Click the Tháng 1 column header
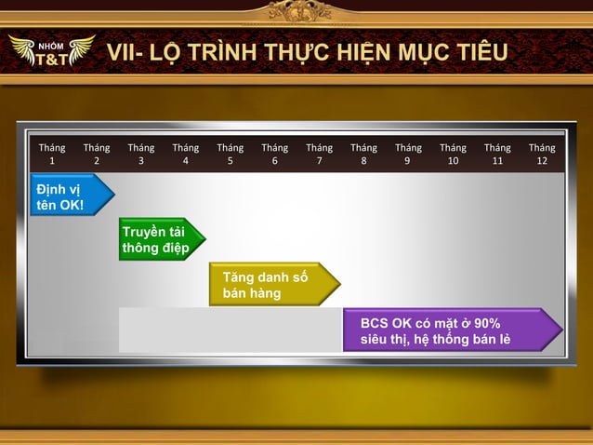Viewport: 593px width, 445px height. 52,154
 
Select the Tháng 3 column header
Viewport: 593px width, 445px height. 141,154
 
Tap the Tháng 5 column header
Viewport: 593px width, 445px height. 231,154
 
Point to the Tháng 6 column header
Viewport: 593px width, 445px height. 275,154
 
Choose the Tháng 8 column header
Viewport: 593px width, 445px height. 363,154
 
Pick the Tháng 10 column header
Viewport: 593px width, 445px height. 453,154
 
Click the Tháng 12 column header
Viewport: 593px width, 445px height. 542,154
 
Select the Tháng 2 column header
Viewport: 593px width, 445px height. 97,154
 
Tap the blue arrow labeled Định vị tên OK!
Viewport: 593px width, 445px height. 67,196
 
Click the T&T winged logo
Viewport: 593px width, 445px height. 51,54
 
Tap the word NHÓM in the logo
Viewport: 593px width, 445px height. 50,45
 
